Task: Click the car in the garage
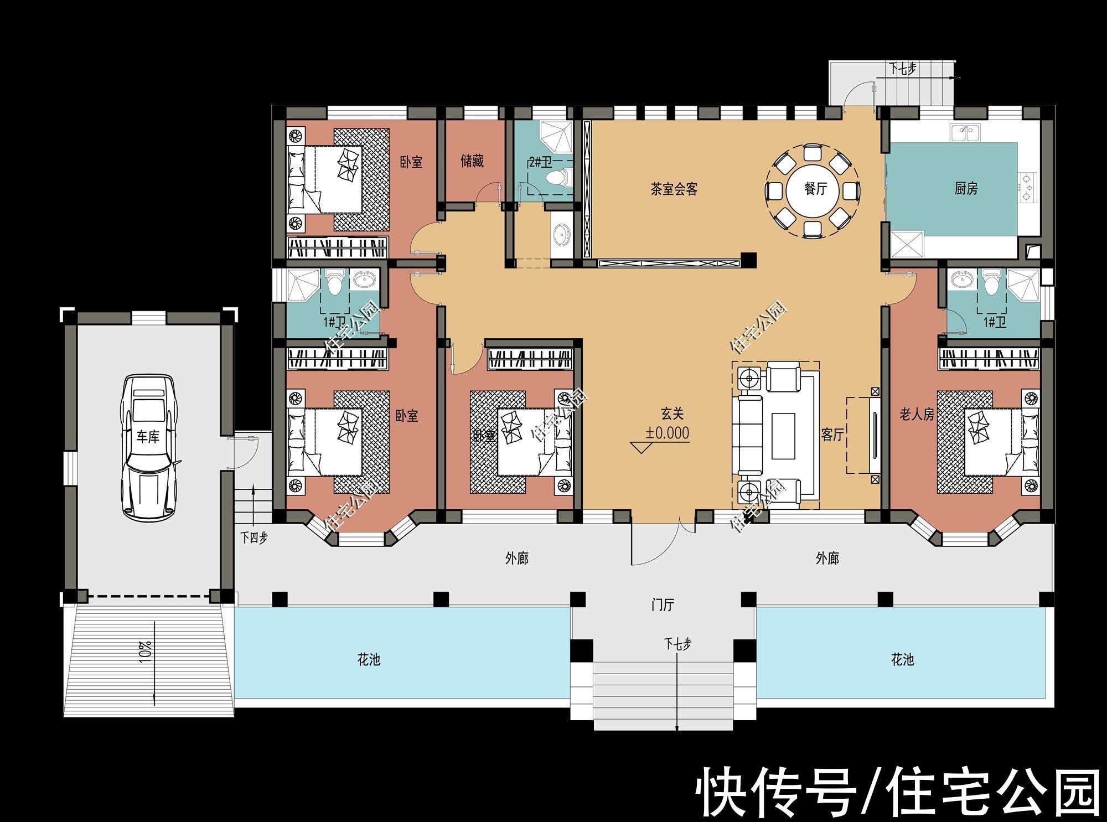tap(147, 447)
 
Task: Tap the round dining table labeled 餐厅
tap(815, 189)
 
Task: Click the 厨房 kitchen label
tap(966, 189)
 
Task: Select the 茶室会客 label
tap(674, 189)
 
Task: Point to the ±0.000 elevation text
tap(668, 433)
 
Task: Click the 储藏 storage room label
tap(472, 161)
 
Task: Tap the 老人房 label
tap(917, 414)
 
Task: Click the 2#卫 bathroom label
tap(540, 162)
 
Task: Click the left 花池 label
tap(369, 659)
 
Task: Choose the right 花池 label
tap(902, 659)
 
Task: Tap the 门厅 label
tap(663, 605)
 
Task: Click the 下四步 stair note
tap(254, 537)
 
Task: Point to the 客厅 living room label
tap(832, 435)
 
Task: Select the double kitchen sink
tap(965, 133)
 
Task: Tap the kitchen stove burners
tap(1027, 186)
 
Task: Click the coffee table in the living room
tap(784, 436)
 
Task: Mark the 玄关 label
tap(672, 413)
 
